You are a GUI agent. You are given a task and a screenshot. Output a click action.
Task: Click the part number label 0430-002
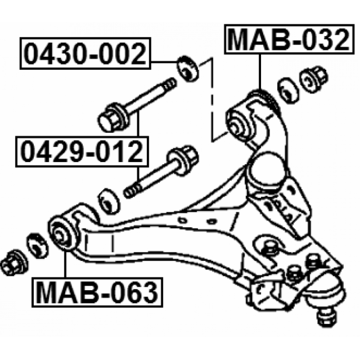click(x=85, y=54)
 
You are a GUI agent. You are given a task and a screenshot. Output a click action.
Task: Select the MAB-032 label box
click(x=289, y=39)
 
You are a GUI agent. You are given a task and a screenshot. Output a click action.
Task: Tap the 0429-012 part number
click(x=82, y=152)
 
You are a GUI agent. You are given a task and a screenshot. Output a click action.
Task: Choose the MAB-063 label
click(x=97, y=292)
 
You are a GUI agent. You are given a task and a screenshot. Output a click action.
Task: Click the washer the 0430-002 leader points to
click(x=188, y=69)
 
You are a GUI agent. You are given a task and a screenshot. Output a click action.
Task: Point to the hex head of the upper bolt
click(x=112, y=118)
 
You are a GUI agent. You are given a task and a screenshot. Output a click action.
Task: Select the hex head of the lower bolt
click(x=183, y=160)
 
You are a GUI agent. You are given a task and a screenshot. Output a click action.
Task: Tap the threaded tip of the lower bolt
click(x=132, y=191)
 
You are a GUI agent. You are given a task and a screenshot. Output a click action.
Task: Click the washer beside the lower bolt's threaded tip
click(x=109, y=202)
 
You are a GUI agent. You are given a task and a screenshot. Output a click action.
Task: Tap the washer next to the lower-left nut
click(x=37, y=246)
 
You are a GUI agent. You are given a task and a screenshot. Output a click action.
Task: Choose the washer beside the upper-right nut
click(x=288, y=90)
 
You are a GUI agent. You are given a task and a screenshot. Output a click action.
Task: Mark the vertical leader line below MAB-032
click(x=260, y=72)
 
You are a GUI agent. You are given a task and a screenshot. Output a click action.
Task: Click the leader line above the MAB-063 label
click(x=65, y=264)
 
